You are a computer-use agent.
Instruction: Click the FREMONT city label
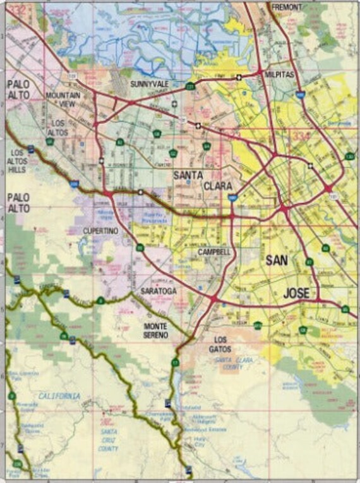point(287,6)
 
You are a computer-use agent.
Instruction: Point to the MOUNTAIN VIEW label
point(63,100)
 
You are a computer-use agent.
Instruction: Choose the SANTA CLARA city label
point(203,180)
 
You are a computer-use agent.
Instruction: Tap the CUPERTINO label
point(100,231)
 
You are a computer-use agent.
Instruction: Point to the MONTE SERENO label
point(155,330)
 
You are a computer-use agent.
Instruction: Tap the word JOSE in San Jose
point(296,293)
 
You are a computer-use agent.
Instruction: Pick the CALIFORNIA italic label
point(59,396)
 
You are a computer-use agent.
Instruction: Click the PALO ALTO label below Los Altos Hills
point(18,203)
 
